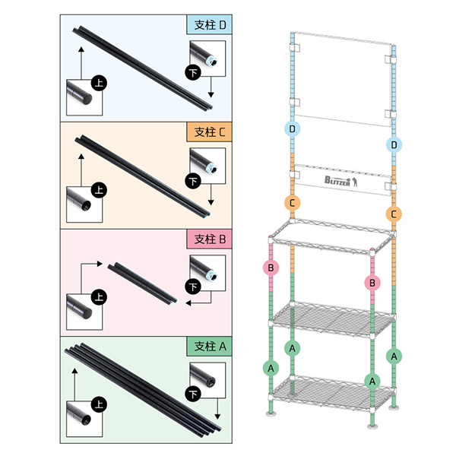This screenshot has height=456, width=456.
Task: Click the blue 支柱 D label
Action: pos(209,25)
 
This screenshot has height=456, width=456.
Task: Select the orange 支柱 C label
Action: pos(209,132)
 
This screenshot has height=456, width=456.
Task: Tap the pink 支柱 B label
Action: pos(209,239)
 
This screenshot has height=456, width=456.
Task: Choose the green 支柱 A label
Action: pos(209,347)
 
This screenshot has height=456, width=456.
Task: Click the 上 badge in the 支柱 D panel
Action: pos(99,83)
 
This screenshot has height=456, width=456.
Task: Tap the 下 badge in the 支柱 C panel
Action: pos(193,181)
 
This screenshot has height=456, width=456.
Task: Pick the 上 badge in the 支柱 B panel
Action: pos(99,297)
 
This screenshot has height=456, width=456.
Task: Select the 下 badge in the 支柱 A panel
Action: pos(193,395)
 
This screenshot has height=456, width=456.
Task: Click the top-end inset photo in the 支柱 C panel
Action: pos(84,204)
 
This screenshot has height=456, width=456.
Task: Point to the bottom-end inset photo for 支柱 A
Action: pos(207,380)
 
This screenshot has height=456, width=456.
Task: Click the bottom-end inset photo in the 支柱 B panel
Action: pos(207,273)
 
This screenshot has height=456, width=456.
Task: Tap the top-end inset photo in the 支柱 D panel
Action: pos(84,97)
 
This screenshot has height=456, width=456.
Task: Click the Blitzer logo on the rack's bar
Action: pos(341,181)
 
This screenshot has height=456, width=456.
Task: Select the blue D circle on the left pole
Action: pos(293,128)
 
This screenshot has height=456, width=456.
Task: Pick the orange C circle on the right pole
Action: pos(394,214)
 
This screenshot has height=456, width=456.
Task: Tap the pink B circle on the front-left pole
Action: pos(271,268)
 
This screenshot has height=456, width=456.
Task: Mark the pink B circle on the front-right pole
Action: pos(372,283)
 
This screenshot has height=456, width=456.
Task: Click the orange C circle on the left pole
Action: pos(293,203)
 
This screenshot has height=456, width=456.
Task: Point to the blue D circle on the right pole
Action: pos(394,144)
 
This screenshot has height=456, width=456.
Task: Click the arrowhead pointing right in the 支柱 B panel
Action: pos(100,264)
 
